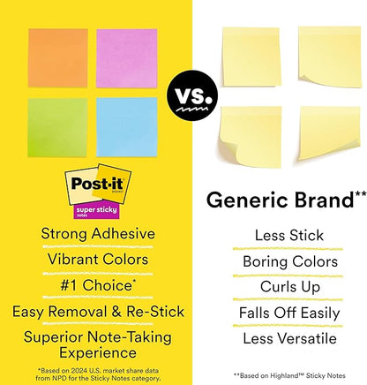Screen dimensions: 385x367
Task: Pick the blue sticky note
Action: pos(124,125)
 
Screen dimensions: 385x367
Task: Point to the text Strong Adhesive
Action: pos(92,234)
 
